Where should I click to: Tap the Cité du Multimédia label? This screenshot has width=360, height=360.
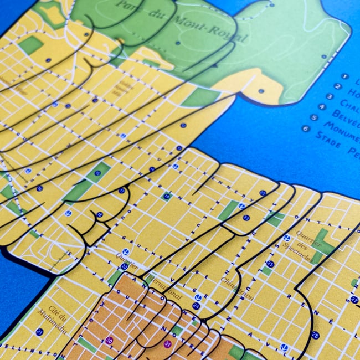point(50,318)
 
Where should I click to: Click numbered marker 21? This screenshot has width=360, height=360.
point(40,332)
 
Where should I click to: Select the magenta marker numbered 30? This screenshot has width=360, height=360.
point(109,340)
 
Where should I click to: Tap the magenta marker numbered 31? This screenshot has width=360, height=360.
point(167,343)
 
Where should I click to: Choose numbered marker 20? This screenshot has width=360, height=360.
point(124,266)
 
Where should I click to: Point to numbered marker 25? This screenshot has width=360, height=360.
point(270,264)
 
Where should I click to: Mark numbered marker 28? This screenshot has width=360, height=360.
point(315,335)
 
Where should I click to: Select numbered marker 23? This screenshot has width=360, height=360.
point(246,218)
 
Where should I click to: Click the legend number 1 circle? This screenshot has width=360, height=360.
point(344,77)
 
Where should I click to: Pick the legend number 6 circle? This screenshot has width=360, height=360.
point(306,128)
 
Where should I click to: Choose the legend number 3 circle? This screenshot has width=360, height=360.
point(330,96)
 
